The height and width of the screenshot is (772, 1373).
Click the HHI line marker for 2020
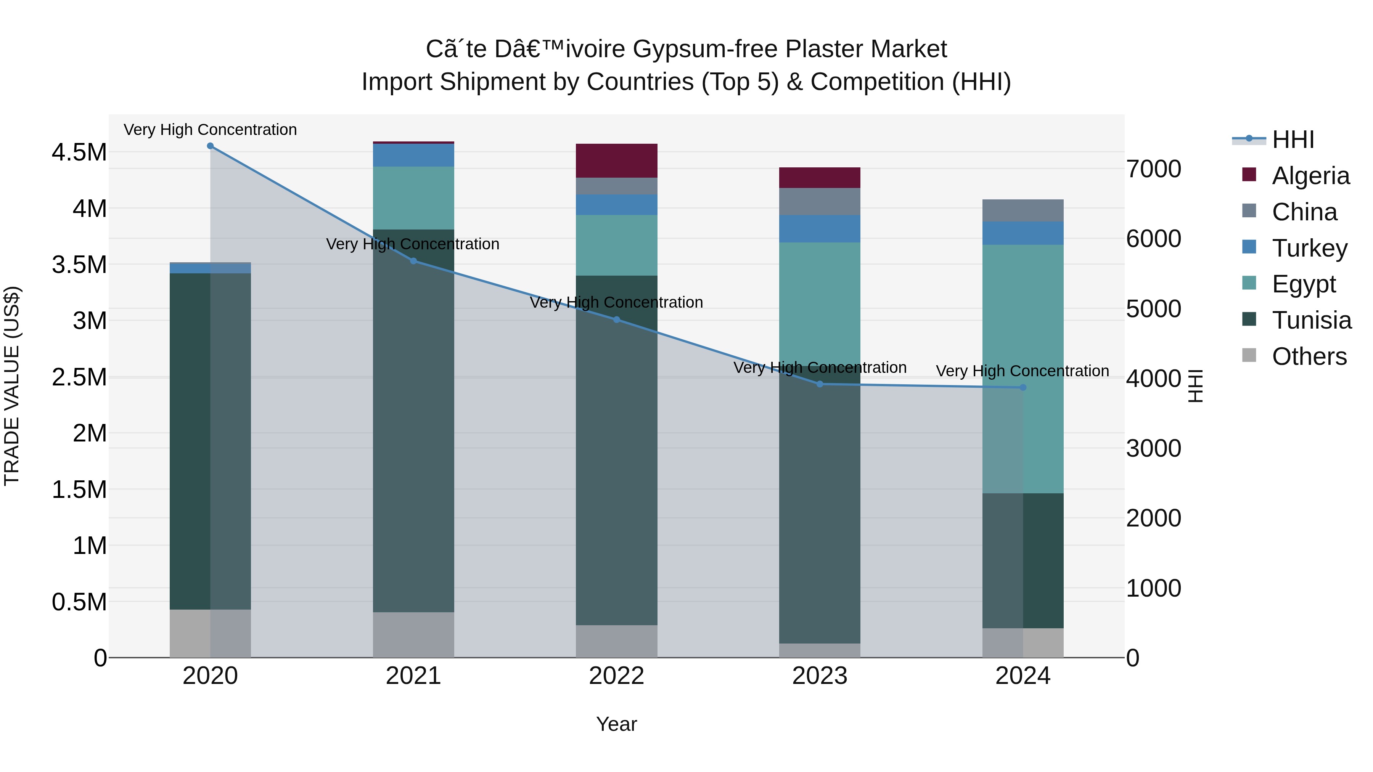210,146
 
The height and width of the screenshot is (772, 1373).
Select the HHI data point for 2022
617,320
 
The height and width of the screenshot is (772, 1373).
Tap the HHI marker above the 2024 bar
1023,387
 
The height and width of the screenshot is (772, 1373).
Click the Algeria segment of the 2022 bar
617,160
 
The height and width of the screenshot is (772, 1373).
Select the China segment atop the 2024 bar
1023,210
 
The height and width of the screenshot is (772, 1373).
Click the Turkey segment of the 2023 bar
820,229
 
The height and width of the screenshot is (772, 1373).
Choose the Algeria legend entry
1310,176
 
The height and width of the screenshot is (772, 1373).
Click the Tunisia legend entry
1311,320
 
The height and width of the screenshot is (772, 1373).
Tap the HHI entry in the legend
1293,140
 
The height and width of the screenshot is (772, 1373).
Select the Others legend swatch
1249,355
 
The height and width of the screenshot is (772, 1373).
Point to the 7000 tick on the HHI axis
1153,169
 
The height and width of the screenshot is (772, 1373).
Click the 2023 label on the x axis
820,676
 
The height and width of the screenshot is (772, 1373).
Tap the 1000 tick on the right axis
1153,588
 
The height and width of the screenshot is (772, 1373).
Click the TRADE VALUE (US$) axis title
12,386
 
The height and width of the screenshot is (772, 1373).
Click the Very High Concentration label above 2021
413,244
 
